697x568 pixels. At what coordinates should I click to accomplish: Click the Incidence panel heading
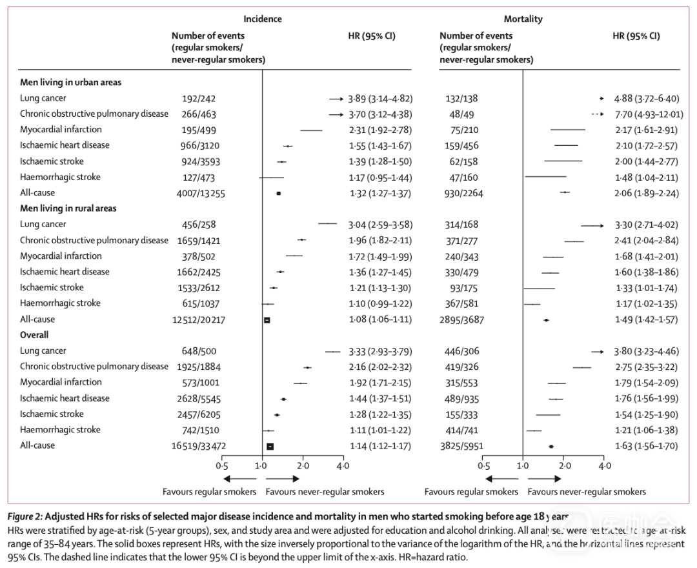tap(263, 19)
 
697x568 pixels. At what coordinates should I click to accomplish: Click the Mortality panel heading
tap(523, 19)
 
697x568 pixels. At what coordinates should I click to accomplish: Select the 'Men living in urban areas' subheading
tap(70, 83)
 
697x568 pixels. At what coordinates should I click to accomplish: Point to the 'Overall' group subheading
tap(34, 336)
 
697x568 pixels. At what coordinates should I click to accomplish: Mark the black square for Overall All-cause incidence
tap(270, 446)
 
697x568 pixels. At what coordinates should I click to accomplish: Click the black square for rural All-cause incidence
tap(267, 319)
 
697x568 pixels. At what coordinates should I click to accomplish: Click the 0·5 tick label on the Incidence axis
tap(221, 465)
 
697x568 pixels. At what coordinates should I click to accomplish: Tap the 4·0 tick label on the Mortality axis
tap(604, 465)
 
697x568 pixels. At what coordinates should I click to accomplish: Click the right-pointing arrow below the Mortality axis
tap(545, 479)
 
